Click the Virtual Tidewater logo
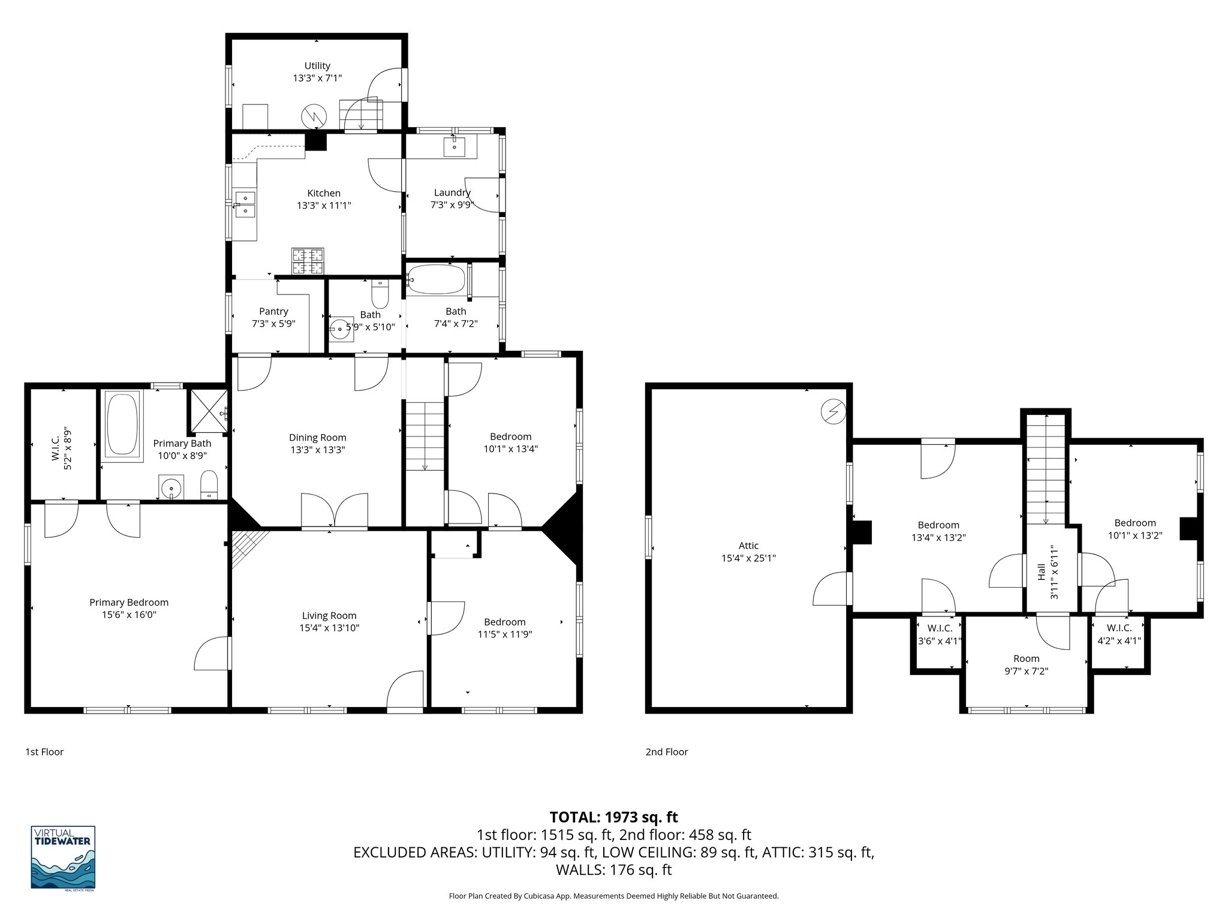click(x=63, y=857)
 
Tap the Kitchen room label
click(x=324, y=193)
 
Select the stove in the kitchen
click(x=308, y=261)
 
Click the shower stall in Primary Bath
click(x=208, y=412)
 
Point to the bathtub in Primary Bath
click(x=122, y=424)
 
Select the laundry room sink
click(x=455, y=146)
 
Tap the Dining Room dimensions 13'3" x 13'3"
click(x=317, y=450)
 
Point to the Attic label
click(x=748, y=546)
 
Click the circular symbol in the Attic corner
click(x=833, y=412)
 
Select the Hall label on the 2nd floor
click(x=1042, y=571)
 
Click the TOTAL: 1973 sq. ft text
click(x=613, y=817)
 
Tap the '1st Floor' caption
click(x=44, y=751)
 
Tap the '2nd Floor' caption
click(x=667, y=751)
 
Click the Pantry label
click(x=273, y=311)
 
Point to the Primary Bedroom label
click(x=129, y=603)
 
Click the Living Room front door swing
click(x=405, y=693)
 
